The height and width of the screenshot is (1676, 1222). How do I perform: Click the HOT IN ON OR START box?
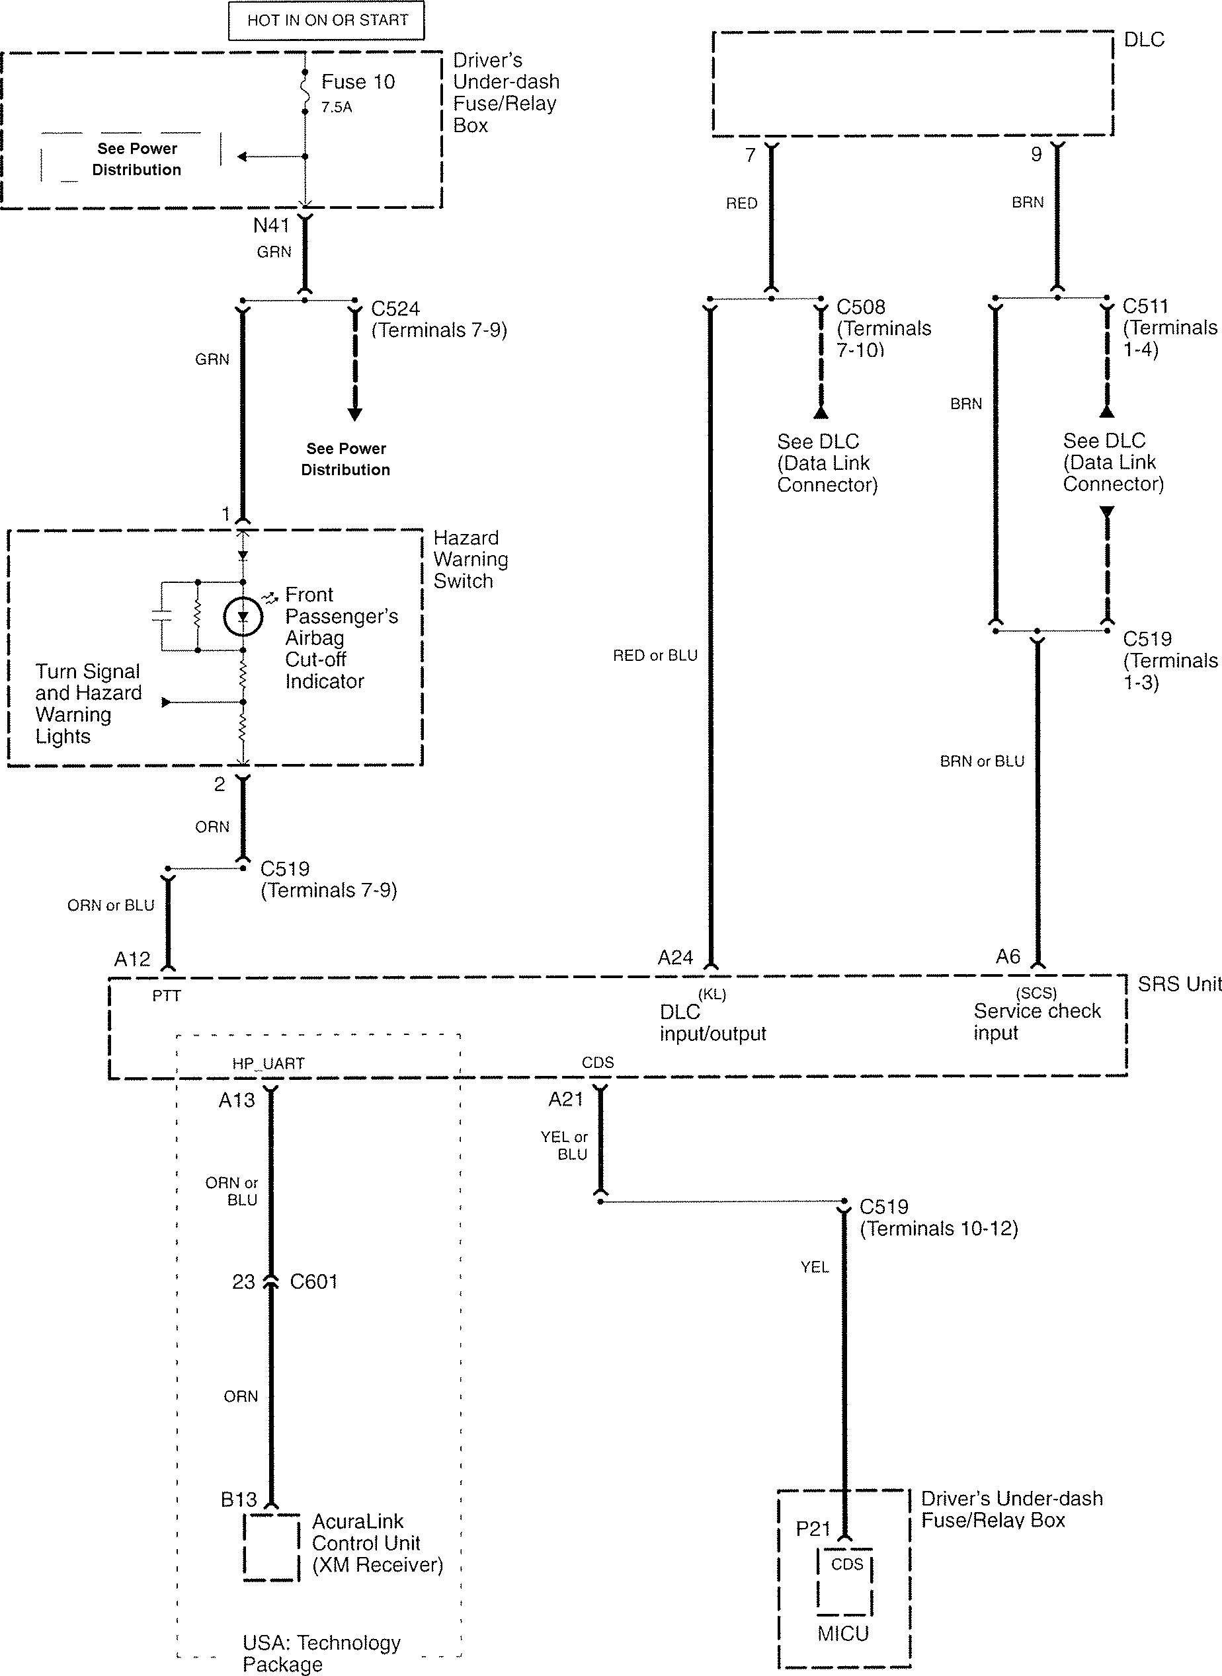[326, 20]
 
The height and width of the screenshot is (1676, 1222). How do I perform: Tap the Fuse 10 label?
[358, 82]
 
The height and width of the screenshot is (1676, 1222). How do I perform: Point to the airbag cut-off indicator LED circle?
[243, 616]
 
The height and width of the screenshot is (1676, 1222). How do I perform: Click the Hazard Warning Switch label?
[470, 560]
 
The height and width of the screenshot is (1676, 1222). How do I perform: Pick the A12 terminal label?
[132, 960]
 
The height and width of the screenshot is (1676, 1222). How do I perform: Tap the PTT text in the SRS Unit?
[167, 996]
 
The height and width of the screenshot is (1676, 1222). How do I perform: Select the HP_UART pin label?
[268, 1064]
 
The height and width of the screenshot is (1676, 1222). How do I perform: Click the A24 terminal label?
[675, 958]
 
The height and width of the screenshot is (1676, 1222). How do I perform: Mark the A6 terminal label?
[1008, 958]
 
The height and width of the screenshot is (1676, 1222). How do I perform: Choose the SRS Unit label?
[1178, 984]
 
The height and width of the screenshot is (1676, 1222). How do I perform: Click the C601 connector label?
[313, 1281]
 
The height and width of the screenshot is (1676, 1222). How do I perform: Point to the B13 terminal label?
[238, 1500]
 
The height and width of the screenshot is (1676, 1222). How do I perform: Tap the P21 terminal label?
[813, 1529]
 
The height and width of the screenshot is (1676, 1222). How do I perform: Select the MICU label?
[843, 1633]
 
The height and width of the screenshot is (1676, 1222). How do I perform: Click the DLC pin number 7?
[750, 155]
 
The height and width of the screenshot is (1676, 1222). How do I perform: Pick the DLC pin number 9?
[1036, 155]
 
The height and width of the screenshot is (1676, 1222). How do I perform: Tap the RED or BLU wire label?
[655, 656]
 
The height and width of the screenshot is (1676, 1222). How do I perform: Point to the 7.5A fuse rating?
[337, 107]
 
